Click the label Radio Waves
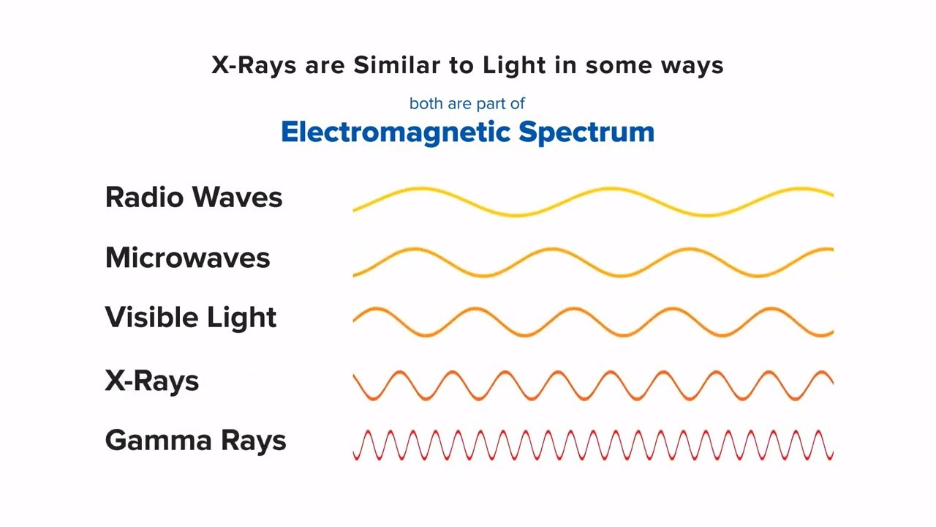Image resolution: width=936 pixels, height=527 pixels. (x=194, y=198)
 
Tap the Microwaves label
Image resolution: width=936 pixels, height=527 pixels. (x=188, y=258)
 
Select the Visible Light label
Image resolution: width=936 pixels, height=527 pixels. (x=191, y=318)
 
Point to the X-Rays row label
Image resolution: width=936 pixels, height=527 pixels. (x=152, y=381)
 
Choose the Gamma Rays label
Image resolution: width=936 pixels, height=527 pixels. (x=195, y=441)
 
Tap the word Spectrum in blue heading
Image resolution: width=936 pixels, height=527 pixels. (x=586, y=132)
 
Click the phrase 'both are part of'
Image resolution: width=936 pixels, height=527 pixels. (x=467, y=104)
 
